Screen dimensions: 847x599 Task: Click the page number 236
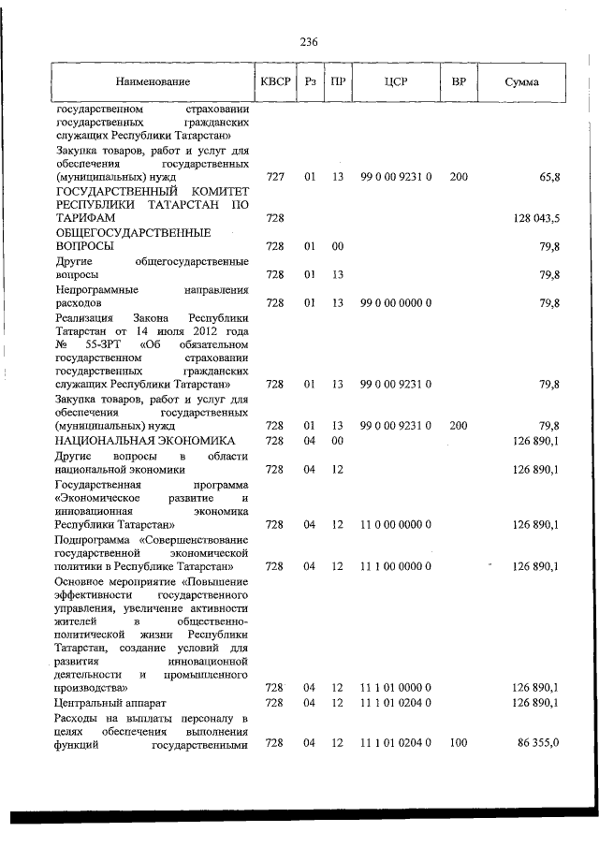point(310,42)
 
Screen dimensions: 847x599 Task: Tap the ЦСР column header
point(395,82)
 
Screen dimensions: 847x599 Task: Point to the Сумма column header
point(521,82)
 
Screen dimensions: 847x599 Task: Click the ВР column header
point(459,82)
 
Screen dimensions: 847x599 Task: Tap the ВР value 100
point(459,743)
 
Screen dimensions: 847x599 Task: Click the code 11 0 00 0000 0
point(395,526)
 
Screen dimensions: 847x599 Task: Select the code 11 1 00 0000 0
point(395,567)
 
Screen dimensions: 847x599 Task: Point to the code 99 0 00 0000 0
point(395,303)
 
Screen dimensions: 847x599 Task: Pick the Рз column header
point(310,82)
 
